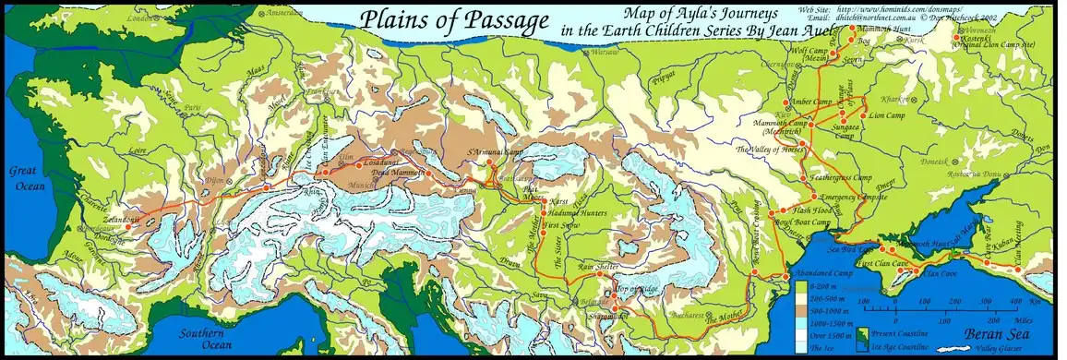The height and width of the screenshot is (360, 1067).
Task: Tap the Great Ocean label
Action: click(27, 176)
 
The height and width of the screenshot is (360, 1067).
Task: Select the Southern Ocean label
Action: click(205, 339)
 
